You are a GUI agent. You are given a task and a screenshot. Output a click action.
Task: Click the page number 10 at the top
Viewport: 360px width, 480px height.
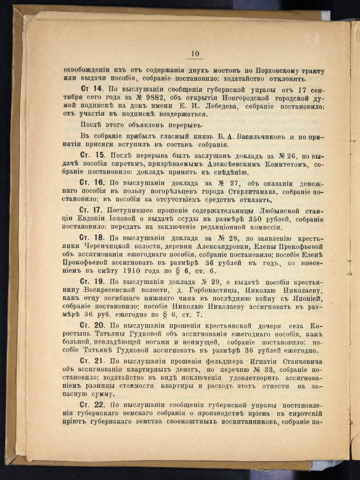coord(195,54)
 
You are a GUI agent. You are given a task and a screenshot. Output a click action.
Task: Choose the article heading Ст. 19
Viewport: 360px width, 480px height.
coord(91,282)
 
